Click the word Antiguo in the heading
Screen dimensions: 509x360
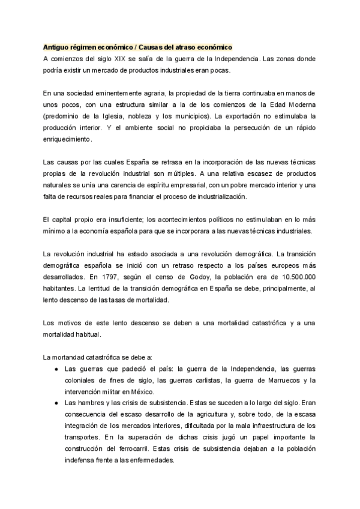tap(56, 47)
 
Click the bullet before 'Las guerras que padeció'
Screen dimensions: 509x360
tap(56, 369)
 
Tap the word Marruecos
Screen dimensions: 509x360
tap(277, 381)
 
